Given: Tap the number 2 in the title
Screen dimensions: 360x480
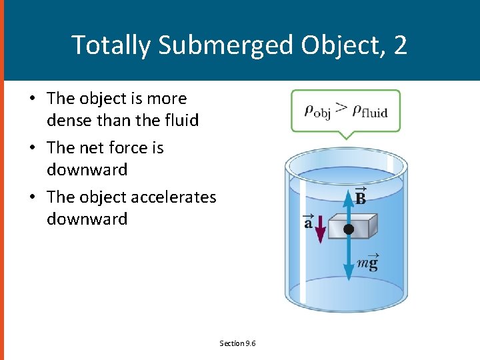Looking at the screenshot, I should pyautogui.click(x=400, y=45).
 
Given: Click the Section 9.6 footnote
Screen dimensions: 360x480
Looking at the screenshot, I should pyautogui.click(x=238, y=343).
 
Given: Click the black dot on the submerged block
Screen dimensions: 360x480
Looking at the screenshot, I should pyautogui.click(x=348, y=229).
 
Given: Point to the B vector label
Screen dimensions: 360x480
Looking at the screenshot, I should pyautogui.click(x=360, y=197).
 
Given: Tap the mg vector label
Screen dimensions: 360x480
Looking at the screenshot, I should pyautogui.click(x=367, y=263).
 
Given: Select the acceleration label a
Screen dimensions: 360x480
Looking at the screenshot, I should pyautogui.click(x=308, y=222).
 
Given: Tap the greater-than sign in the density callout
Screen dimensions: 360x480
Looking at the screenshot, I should pyautogui.click(x=341, y=109).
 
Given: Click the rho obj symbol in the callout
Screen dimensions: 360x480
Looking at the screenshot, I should pyautogui.click(x=317, y=110).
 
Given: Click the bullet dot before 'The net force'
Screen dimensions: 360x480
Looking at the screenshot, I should pyautogui.click(x=32, y=147).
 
